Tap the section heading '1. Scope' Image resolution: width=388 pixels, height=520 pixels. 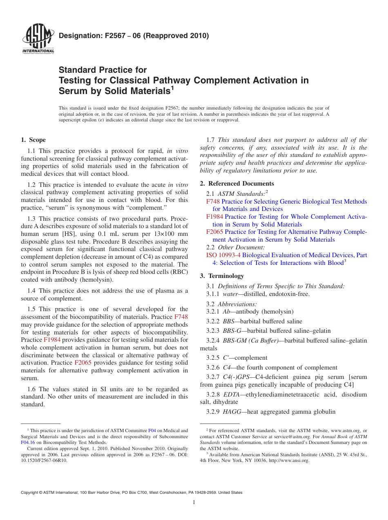pos(33,140)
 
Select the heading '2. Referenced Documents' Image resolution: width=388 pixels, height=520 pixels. pos(237,184)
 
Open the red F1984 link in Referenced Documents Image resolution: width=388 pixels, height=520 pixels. pos(214,217)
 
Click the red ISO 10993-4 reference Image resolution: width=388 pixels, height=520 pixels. pos(223,255)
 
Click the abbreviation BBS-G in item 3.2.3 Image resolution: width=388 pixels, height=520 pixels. pos(232,331)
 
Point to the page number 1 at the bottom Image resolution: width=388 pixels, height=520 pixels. pos(194,502)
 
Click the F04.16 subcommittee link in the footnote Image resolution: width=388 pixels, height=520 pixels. pos(28,442)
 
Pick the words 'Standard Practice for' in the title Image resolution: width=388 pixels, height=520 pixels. pos(103,70)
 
